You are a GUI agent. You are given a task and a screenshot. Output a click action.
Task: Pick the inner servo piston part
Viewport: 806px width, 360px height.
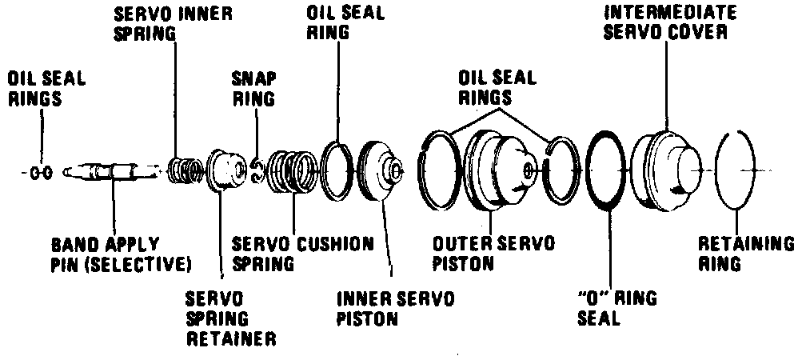pyautogui.click(x=382, y=170)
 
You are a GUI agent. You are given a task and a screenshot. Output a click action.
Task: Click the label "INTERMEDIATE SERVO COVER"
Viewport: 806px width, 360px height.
pyautogui.click(x=666, y=23)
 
